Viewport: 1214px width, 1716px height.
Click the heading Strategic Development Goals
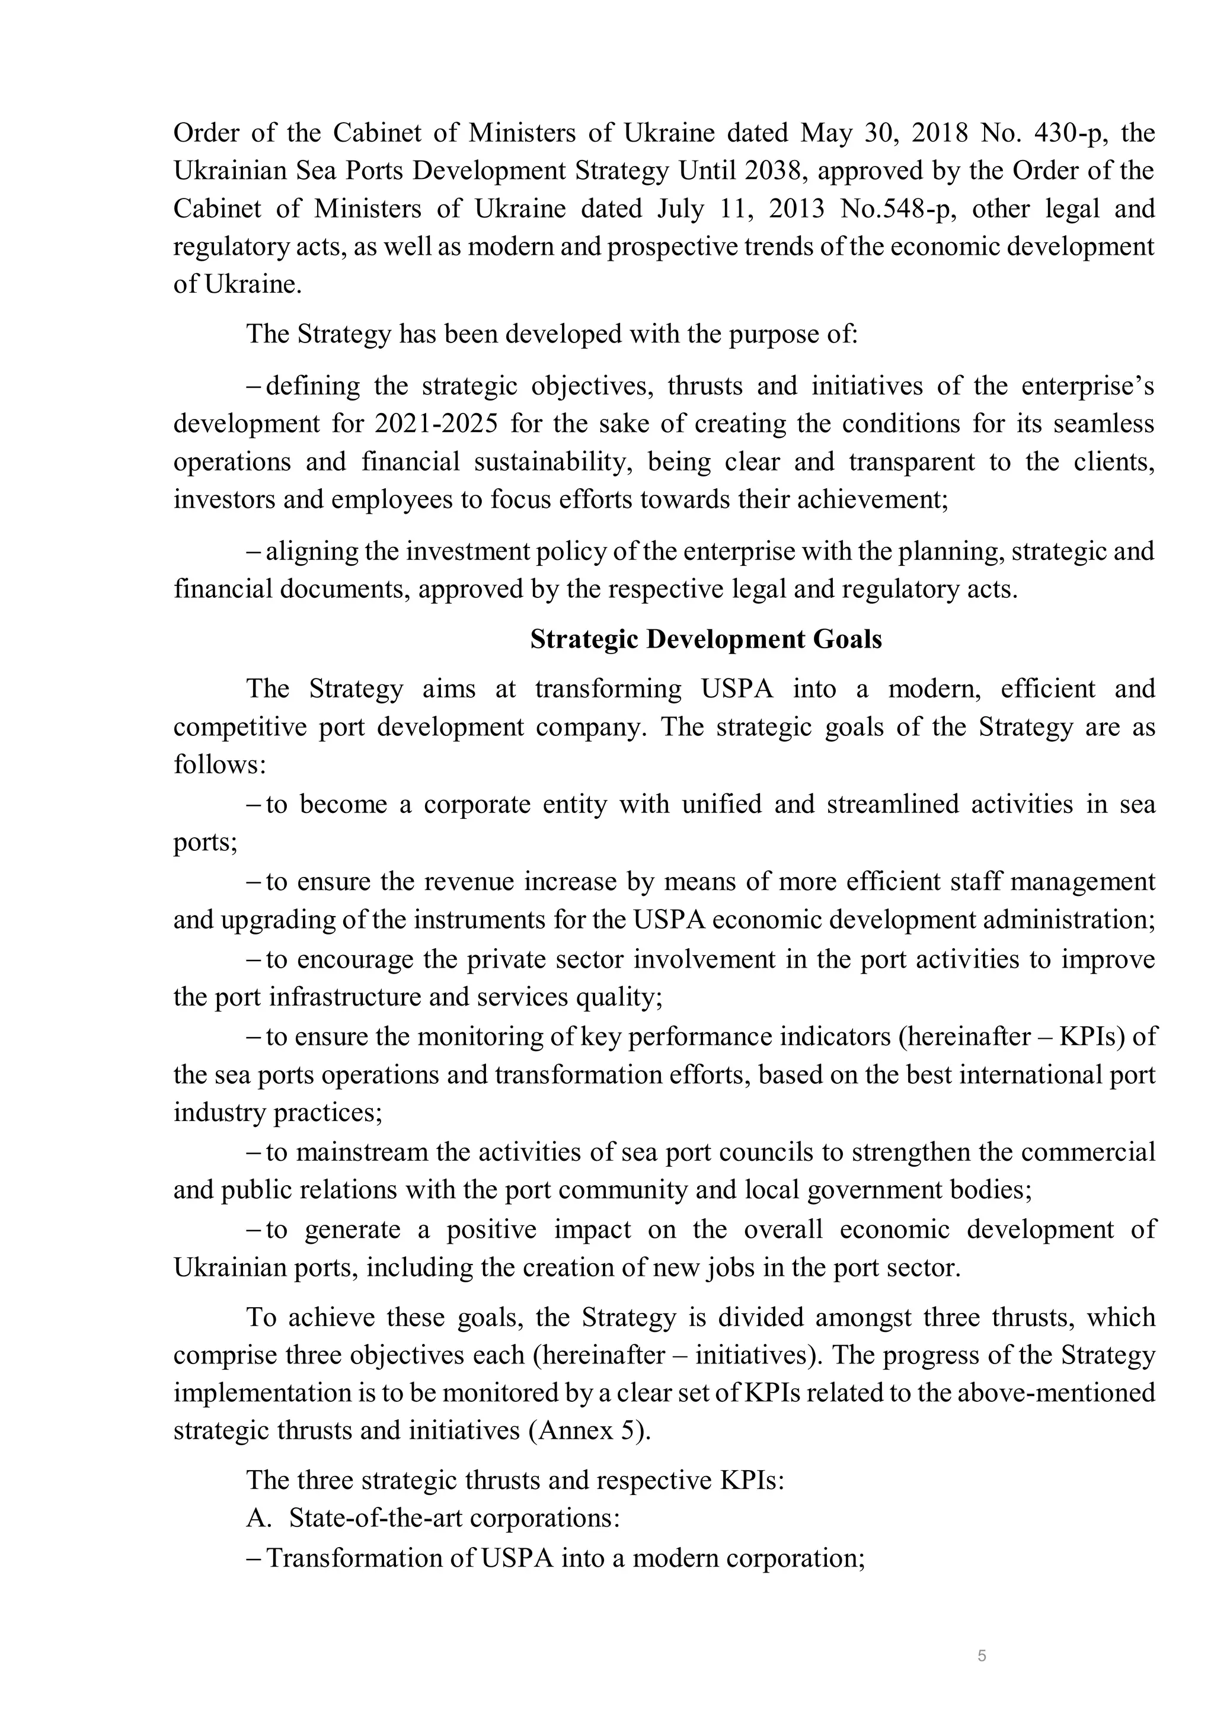(x=705, y=639)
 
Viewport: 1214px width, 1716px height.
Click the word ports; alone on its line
(x=206, y=843)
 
